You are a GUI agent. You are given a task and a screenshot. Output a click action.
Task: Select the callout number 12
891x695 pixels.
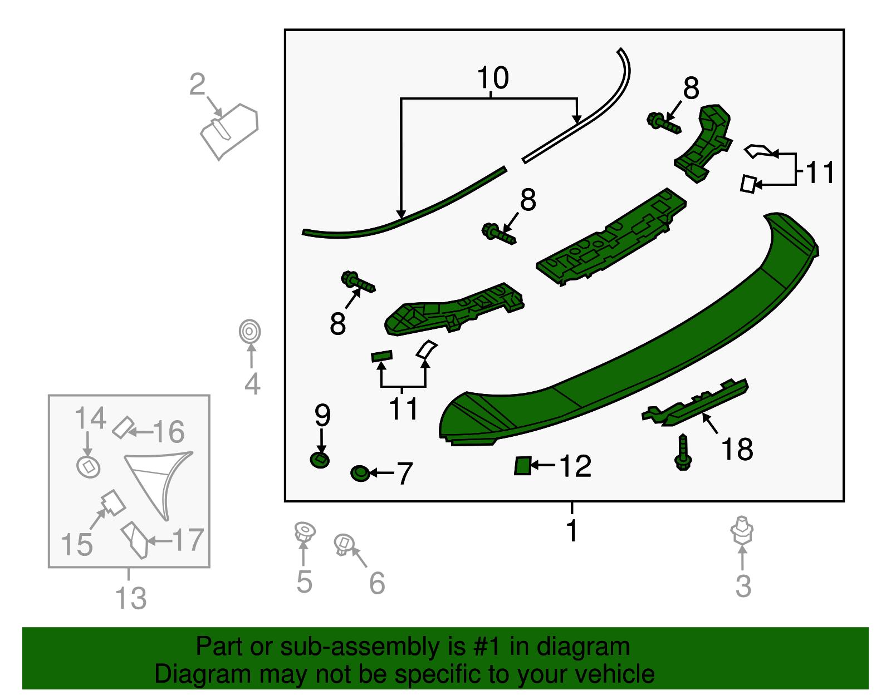575,466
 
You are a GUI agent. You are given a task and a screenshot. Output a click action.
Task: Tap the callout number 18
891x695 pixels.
737,449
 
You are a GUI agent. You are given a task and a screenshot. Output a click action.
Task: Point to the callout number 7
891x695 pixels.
404,473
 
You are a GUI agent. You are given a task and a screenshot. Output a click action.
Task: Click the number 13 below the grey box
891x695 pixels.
130,598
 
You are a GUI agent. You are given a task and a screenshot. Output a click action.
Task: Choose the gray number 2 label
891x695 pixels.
197,84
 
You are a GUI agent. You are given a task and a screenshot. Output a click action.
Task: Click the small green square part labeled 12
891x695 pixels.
523,466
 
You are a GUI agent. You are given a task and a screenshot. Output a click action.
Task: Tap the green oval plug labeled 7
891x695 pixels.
360,473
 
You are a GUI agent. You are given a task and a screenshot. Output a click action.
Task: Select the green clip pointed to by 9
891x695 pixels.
320,460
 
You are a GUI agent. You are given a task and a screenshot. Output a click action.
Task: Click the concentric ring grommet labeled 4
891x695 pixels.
249,331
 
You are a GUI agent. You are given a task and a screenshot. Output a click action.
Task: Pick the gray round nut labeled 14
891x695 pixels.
88,467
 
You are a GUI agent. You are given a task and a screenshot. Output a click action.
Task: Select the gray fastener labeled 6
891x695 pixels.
344,545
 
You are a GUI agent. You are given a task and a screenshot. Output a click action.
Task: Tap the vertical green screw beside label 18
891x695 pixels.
683,452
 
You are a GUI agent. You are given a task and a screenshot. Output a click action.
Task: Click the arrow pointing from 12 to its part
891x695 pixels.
543,465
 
